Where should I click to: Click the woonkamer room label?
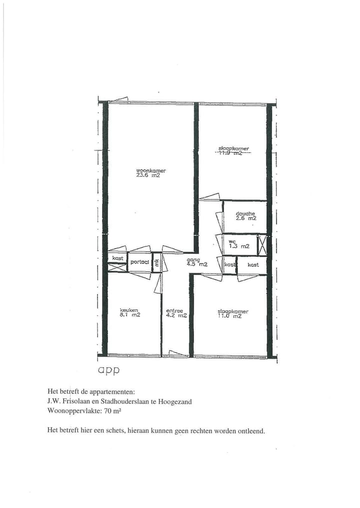[150, 171]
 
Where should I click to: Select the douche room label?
[245, 213]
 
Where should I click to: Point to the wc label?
[232, 241]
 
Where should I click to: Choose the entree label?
[174, 310]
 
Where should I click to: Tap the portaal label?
[139, 262]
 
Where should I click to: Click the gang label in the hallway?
[193, 260]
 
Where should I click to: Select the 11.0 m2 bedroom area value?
[229, 316]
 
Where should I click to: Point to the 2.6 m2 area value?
[246, 218]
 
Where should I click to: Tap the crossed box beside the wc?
[262, 245]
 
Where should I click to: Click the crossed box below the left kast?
[117, 267]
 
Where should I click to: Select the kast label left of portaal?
[117, 258]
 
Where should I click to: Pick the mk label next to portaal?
[156, 262]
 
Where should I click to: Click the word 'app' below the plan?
[109, 371]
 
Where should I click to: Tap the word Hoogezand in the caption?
[174, 401]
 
